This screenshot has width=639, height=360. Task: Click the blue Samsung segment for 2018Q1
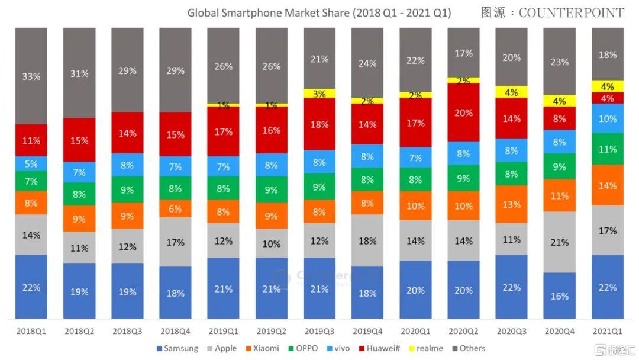coord(31,287)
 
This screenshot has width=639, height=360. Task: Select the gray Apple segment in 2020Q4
coord(559,242)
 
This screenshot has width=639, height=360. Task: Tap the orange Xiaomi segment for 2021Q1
coord(607,185)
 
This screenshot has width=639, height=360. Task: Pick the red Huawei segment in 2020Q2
coord(463,112)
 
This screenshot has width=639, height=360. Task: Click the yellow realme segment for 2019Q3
coord(319,93)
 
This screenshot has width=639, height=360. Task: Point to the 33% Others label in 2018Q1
coord(31,76)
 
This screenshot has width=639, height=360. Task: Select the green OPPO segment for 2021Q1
coord(607,149)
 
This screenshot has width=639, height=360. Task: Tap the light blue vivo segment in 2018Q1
coord(31,163)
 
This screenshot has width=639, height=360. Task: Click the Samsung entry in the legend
coord(177,348)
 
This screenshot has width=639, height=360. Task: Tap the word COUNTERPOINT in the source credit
coord(571,12)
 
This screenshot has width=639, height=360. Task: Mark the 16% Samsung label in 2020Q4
coord(559,296)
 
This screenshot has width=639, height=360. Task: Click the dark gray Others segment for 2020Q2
coord(463,53)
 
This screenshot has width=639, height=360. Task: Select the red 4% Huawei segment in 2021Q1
coord(607,98)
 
